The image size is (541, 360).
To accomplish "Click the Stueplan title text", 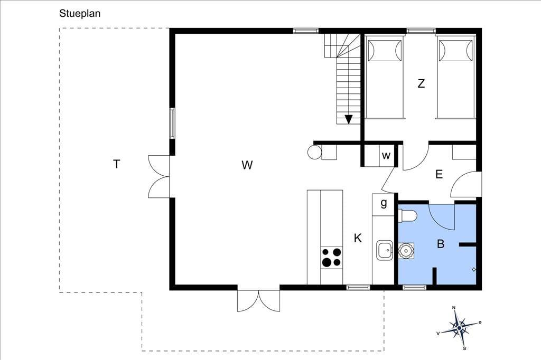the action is click(80, 14).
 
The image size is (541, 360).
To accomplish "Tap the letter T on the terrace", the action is click(117, 164).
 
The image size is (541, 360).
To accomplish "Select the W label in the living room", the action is click(247, 165).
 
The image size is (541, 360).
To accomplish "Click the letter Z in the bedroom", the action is click(421, 83).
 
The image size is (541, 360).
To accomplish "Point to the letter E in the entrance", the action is click(439, 174).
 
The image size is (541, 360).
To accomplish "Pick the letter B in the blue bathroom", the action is click(441, 244).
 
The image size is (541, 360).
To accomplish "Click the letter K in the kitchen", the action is click(358, 238).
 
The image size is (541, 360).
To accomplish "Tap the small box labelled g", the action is click(383, 205).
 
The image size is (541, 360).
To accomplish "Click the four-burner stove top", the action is click(332, 258).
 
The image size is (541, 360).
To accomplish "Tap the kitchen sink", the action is click(385, 250).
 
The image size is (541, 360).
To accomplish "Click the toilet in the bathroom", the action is click(407, 216).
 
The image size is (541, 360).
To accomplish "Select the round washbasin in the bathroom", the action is click(406, 251).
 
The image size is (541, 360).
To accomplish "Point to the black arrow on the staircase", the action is click(349, 119).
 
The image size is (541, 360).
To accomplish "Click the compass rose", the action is click(459, 328).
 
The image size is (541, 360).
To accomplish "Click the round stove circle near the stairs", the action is click(314, 152).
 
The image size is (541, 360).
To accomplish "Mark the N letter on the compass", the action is click(454, 308).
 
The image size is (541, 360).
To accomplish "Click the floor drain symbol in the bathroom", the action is click(474, 269).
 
